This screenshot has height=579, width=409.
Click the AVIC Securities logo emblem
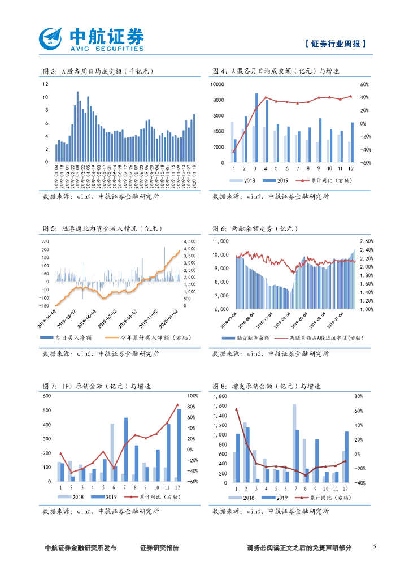[51, 39]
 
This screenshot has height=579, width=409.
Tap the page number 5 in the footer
[375, 547]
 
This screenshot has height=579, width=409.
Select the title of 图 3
[98, 71]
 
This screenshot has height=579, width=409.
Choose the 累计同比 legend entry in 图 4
[325, 180]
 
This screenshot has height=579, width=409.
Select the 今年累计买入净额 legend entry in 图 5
[150, 338]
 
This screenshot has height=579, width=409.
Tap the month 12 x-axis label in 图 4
[351, 168]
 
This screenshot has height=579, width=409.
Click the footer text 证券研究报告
[159, 547]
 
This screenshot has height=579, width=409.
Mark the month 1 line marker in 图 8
[236, 409]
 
